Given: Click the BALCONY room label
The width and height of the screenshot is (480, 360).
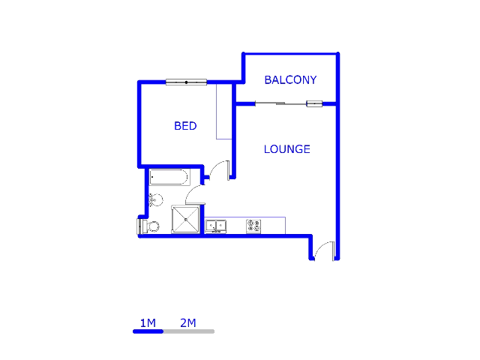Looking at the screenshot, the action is point(290,80).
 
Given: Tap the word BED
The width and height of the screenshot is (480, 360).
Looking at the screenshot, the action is point(185,126).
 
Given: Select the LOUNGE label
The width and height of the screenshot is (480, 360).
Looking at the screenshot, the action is point(286,149).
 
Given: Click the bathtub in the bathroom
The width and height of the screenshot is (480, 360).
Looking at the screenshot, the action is point(169,177).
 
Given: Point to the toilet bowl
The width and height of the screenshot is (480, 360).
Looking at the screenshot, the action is point(153,226).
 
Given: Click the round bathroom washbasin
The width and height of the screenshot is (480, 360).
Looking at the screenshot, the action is point(156,200).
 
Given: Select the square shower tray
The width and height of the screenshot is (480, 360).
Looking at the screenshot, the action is point(185,220).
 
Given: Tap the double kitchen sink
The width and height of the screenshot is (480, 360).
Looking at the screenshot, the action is point(216,226).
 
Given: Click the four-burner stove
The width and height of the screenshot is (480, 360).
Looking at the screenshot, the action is point(253,226).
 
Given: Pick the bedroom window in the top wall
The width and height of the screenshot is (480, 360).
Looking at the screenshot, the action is point(186,82).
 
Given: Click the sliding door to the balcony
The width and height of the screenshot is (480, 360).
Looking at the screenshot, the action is point(289,104).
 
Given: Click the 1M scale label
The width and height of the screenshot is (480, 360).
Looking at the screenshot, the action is point(148,323).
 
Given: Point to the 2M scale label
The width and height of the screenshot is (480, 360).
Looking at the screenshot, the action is point(188,323).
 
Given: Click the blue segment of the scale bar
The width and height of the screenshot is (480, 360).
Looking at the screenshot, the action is point(148,331).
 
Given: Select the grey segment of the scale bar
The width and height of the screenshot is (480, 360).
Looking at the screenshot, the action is point(189,331).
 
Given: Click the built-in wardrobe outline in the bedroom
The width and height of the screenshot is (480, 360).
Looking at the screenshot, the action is point(224,112).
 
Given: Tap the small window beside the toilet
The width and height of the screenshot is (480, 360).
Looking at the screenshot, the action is point(139,226).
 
